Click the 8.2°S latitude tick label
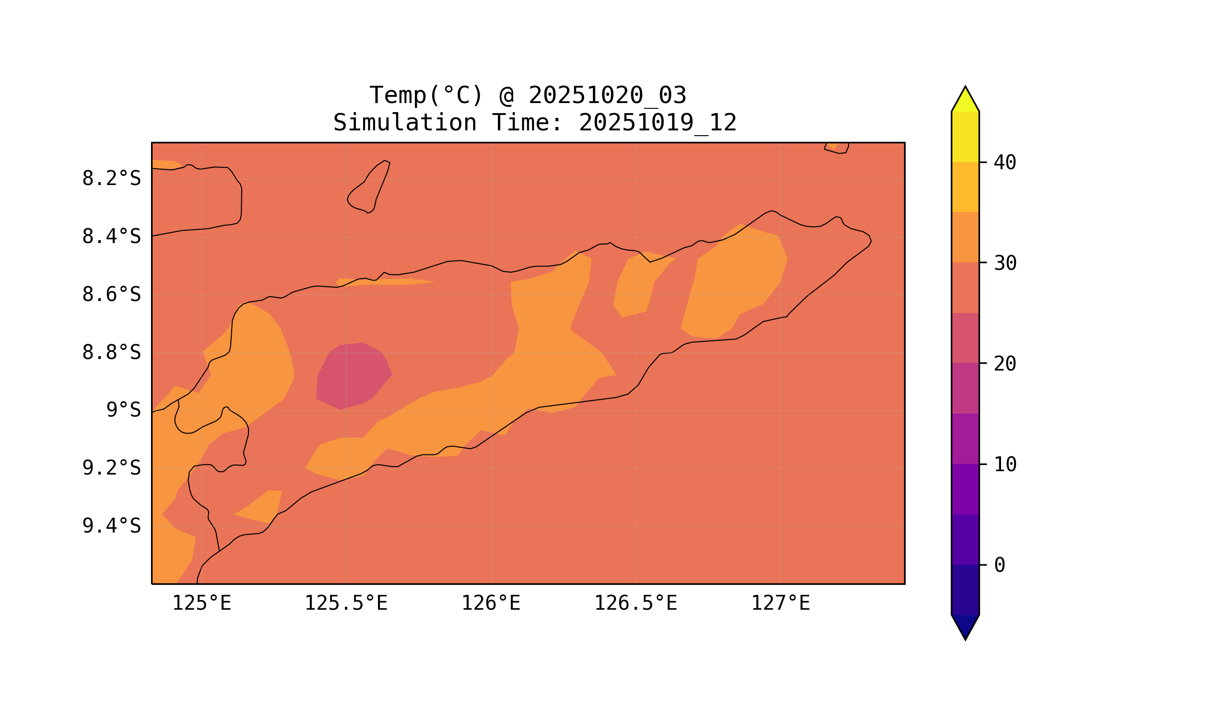tap(111, 179)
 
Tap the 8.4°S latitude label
tap(111, 237)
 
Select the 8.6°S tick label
tap(111, 295)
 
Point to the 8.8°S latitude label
tap(111, 353)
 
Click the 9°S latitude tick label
tap(123, 410)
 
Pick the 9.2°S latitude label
tap(111, 468)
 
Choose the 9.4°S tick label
tap(111, 526)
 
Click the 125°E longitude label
tap(201, 603)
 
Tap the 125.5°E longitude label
tap(346, 603)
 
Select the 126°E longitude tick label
tap(491, 603)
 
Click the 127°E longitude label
tap(780, 603)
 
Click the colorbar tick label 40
tap(1004, 163)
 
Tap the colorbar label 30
tap(1004, 264)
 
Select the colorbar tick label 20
tap(1004, 364)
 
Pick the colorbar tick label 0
tap(999, 566)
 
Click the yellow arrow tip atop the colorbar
tap(965, 100)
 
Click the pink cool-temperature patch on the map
tap(352, 375)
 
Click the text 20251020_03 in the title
tap(607, 95)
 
